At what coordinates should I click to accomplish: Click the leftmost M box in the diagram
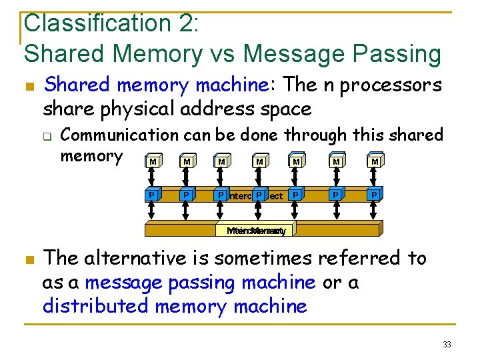pyautogui.click(x=153, y=162)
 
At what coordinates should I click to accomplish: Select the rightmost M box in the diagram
pyautogui.click(x=375, y=162)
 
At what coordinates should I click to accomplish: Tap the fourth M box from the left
pyautogui.click(x=259, y=162)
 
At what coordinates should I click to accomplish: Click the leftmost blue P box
pyautogui.click(x=153, y=195)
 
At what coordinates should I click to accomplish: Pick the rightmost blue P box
pyautogui.click(x=375, y=195)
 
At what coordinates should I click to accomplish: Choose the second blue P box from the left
pyautogui.click(x=187, y=195)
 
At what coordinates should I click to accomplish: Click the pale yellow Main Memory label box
pyautogui.click(x=256, y=231)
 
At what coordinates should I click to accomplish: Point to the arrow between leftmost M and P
pyautogui.click(x=153, y=179)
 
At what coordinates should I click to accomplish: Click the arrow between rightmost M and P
pyautogui.click(x=375, y=179)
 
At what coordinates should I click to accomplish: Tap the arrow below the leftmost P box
pyautogui.click(x=153, y=211)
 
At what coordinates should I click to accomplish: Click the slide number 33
pyautogui.click(x=446, y=344)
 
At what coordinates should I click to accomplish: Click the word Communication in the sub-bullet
pyautogui.click(x=119, y=135)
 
